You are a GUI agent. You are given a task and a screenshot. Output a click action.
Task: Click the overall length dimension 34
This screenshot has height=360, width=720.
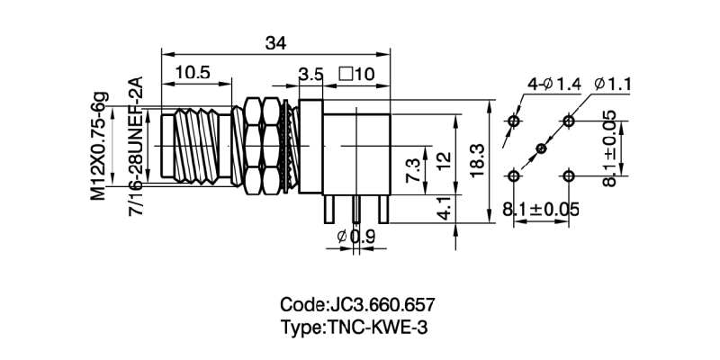click(x=276, y=41)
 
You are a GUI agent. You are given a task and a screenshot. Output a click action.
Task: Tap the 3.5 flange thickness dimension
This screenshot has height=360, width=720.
click(x=311, y=74)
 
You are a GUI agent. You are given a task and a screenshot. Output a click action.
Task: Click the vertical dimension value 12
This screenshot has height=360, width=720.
click(x=441, y=163)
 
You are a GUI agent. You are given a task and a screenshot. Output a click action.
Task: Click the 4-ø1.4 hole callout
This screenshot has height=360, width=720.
click(x=554, y=85)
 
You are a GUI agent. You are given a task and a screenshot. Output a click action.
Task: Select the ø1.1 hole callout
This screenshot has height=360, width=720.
click(x=615, y=85)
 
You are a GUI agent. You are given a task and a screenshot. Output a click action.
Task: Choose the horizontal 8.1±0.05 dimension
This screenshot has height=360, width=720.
click(x=540, y=210)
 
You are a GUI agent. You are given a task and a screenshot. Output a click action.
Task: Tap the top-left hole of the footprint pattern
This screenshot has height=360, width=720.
click(x=514, y=121)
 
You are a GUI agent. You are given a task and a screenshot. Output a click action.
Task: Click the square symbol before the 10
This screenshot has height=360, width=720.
click(x=345, y=74)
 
